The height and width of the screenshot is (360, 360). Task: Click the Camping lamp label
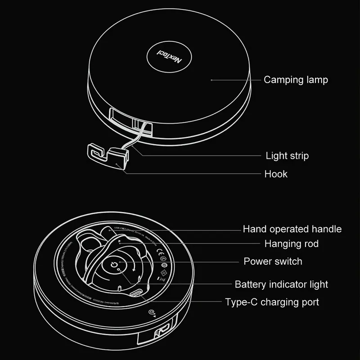pos(296,80)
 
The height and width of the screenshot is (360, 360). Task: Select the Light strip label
pos(287,156)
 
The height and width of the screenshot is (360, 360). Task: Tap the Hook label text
pos(275,174)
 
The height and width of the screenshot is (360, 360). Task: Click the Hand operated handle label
pos(292,229)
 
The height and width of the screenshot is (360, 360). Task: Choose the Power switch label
pos(273,261)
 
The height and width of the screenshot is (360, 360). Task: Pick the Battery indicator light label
pos(281,284)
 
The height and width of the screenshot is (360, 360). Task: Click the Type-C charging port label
pos(272,302)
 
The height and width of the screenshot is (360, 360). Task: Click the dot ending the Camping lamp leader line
pos(212,80)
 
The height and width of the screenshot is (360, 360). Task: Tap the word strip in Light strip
pos(298,156)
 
